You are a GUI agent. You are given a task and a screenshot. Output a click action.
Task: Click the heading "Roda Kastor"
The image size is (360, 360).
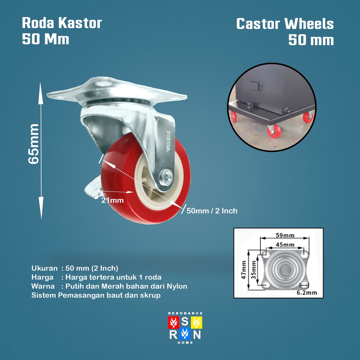point(62,23)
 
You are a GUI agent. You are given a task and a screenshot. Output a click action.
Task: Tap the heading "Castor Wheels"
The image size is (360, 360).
point(285,24)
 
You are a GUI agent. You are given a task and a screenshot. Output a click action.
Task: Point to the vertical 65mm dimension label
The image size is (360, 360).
point(34,143)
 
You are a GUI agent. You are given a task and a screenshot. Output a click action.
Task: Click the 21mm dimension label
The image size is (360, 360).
point(112,200)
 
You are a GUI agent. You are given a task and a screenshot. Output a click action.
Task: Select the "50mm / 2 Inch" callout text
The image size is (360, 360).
point(212,211)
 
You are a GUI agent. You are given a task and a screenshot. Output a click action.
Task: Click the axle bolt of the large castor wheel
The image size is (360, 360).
point(167,175)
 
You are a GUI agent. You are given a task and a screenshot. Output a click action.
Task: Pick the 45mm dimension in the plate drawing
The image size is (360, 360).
point(285,244)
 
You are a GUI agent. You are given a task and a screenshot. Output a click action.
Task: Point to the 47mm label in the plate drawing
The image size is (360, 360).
point(243,270)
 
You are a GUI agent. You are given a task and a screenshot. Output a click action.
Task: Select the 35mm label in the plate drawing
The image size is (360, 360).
point(253,271)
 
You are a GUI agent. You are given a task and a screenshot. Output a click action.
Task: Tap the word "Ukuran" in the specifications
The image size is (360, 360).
point(44,268)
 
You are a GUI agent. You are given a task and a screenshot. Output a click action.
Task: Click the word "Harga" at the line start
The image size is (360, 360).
point(42,277)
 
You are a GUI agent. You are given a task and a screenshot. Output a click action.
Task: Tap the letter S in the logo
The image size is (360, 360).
point(185,321)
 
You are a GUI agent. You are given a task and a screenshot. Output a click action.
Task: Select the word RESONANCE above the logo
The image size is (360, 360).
point(185,313)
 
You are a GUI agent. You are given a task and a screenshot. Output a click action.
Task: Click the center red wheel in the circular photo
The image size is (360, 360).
point(274,131)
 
